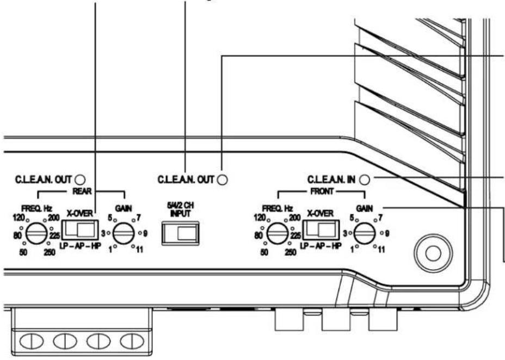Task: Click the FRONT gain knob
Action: coord(365,234)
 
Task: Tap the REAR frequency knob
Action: coord(36,234)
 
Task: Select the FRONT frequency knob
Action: coord(278,234)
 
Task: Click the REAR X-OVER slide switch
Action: coord(79,229)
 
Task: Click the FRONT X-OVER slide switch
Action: coord(321,229)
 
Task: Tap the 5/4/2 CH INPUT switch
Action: coord(180,233)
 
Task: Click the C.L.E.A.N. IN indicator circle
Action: coord(364,180)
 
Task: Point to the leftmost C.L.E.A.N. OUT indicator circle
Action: coord(80,180)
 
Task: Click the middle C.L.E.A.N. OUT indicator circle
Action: coord(222,180)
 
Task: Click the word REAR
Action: coord(82,191)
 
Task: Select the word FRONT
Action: coord(322,191)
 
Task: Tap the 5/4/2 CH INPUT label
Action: coord(180,209)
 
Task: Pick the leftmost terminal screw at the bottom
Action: coord(32,342)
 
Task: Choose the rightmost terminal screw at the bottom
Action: coord(132,342)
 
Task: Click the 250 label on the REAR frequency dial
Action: coord(50,252)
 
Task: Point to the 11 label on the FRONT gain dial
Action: coord(381,249)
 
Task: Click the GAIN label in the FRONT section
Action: coord(365,208)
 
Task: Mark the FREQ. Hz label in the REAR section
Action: coord(36,208)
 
